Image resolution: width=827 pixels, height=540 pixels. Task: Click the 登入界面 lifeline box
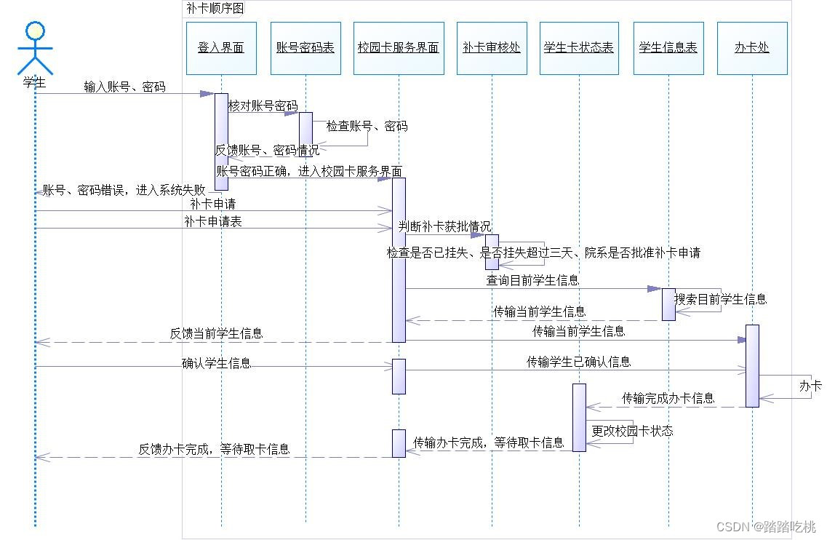tap(221, 48)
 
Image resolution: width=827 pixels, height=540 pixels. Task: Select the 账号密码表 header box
tap(305, 48)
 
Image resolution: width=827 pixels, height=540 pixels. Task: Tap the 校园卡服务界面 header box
tap(399, 48)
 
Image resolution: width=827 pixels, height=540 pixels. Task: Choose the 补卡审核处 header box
tap(492, 48)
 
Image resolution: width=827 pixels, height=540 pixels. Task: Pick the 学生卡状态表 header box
tap(579, 48)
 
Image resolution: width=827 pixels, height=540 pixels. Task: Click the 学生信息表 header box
tap(668, 48)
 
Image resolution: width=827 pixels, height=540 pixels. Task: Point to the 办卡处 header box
tap(752, 48)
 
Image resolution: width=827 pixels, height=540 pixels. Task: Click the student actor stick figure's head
tap(35, 31)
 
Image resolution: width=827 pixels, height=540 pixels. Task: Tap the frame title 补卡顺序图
tap(215, 8)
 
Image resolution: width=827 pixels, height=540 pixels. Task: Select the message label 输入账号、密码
tap(124, 87)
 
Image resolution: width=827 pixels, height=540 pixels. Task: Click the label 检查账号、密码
tap(367, 126)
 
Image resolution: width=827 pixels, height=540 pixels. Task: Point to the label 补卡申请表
tap(213, 222)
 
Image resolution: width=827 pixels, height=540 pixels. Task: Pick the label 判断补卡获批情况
tap(444, 226)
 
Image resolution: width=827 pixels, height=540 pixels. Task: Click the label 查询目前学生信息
tap(532, 280)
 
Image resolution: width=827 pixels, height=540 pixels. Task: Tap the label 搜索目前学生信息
tap(720, 299)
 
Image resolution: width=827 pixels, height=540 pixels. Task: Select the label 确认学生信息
tap(216, 363)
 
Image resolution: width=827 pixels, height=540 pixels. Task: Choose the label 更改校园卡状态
tap(632, 431)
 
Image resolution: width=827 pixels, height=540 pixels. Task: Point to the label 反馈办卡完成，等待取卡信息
tap(214, 450)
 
